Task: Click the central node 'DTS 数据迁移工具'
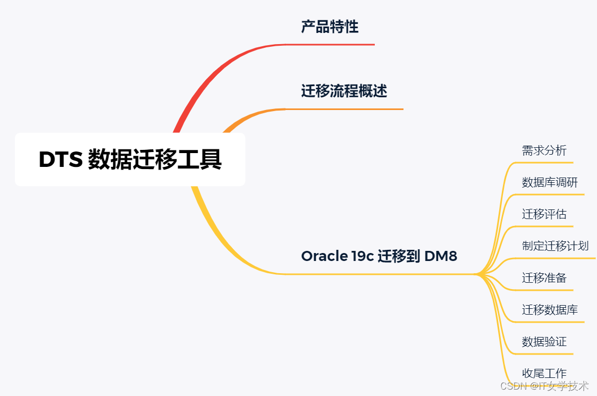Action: [130, 159]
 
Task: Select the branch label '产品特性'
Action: [330, 27]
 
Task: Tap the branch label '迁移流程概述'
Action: [344, 91]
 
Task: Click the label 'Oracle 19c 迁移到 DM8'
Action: [379, 256]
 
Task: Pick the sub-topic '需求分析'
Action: [544, 150]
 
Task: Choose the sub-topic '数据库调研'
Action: [550, 182]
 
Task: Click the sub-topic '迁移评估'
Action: [544, 214]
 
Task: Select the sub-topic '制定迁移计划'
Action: [555, 246]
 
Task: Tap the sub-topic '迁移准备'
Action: [544, 277]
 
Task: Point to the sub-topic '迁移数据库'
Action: [550, 309]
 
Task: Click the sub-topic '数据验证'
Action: [544, 341]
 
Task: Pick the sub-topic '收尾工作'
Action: [544, 373]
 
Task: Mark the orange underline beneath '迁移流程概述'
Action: [344, 109]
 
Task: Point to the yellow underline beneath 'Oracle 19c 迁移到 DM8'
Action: [379, 274]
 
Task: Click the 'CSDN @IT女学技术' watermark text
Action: [544, 386]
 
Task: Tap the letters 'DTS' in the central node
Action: [60, 160]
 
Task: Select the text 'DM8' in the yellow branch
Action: [441, 256]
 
